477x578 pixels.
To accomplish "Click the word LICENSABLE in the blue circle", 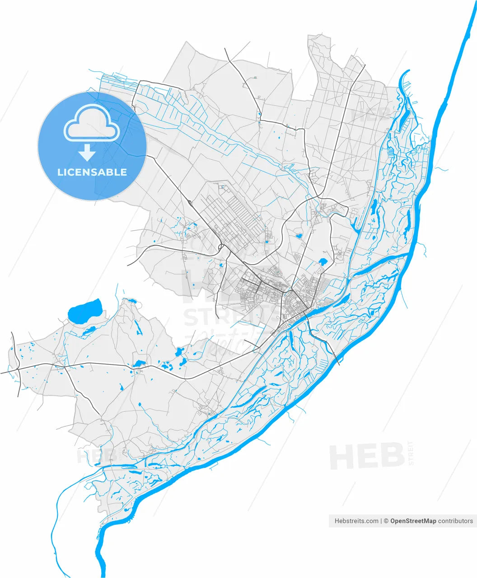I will click(92, 172).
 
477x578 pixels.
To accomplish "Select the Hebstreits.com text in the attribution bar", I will click(356, 521).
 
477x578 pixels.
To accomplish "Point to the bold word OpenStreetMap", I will click(413, 521).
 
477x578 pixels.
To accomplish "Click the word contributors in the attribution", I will click(455, 521).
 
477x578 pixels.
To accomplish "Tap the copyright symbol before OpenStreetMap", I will click(386, 521).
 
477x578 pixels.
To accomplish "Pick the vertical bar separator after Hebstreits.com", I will click(381, 521).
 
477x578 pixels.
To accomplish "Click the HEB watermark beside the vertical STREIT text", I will click(366, 456).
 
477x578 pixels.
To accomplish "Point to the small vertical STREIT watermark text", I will click(410, 453).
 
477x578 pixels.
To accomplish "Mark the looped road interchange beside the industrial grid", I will click(221, 248).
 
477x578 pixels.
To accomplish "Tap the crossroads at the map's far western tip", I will click(17, 369).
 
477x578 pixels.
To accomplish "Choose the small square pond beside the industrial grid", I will click(267, 241).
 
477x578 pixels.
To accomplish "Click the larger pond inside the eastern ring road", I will click(323, 261).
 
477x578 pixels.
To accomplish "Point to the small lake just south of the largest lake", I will click(88, 330).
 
